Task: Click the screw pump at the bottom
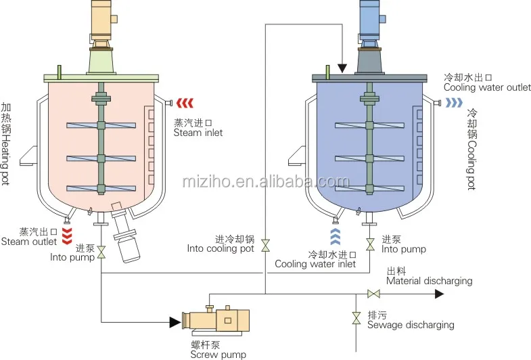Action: [216, 321]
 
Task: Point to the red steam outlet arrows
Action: [66, 235]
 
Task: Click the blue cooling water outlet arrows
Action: [453, 102]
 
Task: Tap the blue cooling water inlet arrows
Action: [336, 236]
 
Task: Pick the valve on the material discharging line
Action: [372, 294]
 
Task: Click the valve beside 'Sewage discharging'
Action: [356, 318]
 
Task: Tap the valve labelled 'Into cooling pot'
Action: [265, 244]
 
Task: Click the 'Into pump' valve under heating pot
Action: [101, 252]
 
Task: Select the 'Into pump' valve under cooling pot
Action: [369, 244]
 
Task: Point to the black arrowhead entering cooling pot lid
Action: [342, 68]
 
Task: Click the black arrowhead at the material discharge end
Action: [439, 294]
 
